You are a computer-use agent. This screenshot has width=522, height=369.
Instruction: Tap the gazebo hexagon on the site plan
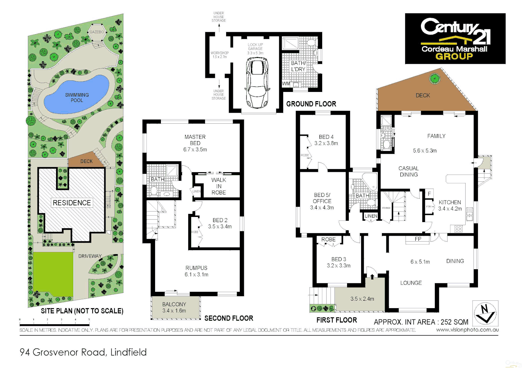(97, 32)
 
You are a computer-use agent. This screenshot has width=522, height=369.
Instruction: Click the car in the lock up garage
(257, 82)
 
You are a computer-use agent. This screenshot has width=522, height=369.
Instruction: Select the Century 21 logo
(455, 39)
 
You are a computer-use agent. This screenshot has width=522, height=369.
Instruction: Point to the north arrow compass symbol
(485, 313)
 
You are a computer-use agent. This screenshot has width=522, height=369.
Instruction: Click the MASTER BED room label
(195, 140)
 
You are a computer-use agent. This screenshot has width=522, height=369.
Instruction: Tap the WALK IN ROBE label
(219, 186)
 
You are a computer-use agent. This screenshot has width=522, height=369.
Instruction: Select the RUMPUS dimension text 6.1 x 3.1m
(196, 274)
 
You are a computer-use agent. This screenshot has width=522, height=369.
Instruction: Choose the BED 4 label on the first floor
(326, 137)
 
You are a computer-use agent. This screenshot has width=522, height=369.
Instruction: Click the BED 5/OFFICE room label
(322, 198)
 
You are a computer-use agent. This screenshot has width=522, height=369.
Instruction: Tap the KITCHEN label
(450, 202)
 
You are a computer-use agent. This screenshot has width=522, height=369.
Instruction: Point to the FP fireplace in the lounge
(417, 239)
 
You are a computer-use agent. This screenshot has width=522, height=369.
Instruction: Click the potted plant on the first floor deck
(435, 79)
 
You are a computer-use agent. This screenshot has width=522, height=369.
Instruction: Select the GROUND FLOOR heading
(311, 104)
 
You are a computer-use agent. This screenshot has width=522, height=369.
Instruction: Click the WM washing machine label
(286, 84)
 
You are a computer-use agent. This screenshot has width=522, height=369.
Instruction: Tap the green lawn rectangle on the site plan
(53, 274)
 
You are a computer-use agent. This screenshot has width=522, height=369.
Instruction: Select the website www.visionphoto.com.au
(467, 330)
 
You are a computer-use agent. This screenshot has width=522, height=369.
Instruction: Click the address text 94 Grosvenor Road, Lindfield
(83, 352)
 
